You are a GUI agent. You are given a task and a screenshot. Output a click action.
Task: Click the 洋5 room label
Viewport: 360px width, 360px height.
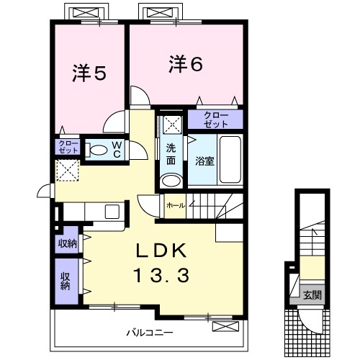[x=89, y=73]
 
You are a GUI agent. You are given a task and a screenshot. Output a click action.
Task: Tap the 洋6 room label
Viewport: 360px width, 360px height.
[x=186, y=64]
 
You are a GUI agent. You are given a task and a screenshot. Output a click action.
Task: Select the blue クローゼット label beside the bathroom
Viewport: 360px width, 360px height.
[x=216, y=120]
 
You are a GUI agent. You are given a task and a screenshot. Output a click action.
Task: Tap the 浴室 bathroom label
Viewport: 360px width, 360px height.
[x=204, y=160]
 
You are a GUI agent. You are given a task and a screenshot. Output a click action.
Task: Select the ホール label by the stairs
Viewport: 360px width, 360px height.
[x=175, y=206]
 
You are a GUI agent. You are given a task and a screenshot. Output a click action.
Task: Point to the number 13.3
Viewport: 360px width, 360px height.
[x=161, y=275]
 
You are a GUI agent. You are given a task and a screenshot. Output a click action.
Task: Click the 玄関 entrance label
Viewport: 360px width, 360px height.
[x=311, y=294]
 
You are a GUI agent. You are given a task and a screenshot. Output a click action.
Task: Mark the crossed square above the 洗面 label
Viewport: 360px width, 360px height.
[x=171, y=124]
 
